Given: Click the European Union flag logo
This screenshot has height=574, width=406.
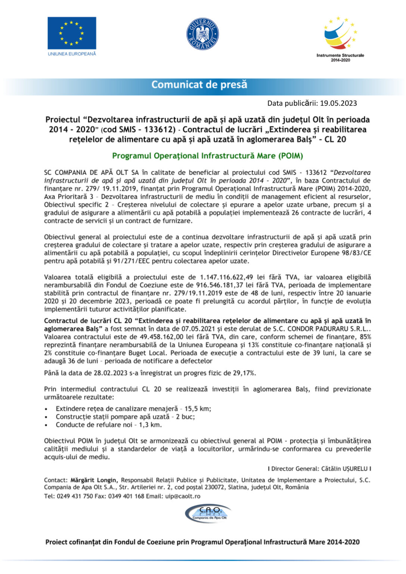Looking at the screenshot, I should point(72,33).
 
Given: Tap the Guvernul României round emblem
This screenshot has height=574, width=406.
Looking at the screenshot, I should point(202,34).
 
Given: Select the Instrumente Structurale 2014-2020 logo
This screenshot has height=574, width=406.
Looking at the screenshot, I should point(340,37).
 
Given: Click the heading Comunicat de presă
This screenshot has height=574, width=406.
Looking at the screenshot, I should point(199,85).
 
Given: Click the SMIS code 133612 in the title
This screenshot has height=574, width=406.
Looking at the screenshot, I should point(159,130).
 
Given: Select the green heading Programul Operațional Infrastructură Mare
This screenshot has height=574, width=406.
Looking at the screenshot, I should point(207,156).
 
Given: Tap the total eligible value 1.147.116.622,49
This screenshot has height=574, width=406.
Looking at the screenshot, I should point(226,277).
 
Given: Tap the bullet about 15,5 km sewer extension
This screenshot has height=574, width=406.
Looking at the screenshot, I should point(133,408).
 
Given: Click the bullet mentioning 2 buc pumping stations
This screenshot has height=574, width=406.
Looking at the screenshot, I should point(125,417).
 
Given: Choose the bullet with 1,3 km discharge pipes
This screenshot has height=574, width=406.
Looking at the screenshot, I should point(109,425).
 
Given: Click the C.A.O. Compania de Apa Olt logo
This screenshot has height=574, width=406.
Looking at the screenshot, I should point(208,513).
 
